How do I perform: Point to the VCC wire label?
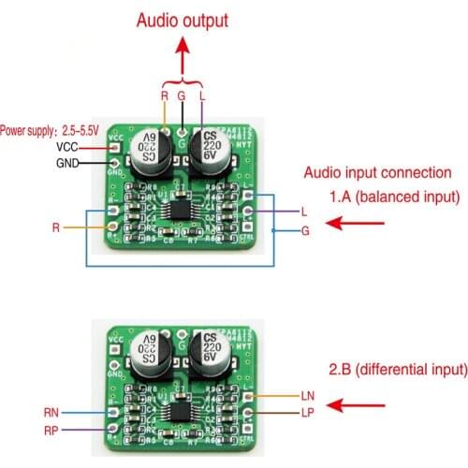tap(67, 147)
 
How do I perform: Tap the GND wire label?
tap(67, 163)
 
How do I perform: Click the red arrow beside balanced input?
tap(358, 224)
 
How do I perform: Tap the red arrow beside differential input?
tap(358, 405)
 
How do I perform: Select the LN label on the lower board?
tap(311, 397)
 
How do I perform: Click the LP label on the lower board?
tap(310, 413)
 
